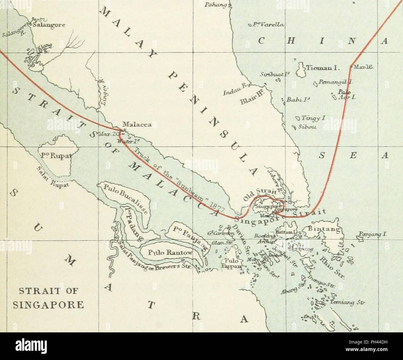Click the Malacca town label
(x=137, y=125)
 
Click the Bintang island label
(x=322, y=230)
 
